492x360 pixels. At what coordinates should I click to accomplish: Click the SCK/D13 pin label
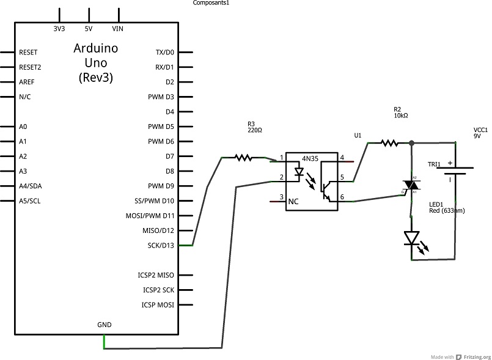click(x=161, y=246)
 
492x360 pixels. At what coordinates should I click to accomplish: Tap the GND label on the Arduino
click(x=105, y=325)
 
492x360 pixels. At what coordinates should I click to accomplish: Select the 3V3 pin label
click(x=59, y=29)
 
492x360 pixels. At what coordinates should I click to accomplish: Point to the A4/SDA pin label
click(x=31, y=186)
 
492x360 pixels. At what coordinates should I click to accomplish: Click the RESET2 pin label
click(x=30, y=67)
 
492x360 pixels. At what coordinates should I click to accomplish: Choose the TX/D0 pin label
click(x=165, y=53)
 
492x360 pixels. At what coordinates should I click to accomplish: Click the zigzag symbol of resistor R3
click(x=243, y=158)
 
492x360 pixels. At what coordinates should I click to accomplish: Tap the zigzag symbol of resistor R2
click(x=390, y=144)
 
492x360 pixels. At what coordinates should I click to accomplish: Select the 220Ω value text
click(x=255, y=130)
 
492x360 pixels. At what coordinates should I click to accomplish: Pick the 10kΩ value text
click(x=401, y=116)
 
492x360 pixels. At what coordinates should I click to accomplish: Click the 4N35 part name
click(x=310, y=158)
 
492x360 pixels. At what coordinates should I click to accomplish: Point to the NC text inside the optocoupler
click(x=293, y=202)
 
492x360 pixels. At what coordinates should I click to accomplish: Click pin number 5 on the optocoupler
click(x=342, y=177)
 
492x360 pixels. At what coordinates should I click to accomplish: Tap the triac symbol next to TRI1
click(x=411, y=185)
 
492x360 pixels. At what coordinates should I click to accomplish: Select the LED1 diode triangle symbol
click(x=412, y=238)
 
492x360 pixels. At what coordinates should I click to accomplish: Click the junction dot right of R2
click(x=412, y=143)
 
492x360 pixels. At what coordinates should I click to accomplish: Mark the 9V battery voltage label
click(x=477, y=136)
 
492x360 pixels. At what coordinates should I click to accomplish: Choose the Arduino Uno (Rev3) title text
click(x=96, y=63)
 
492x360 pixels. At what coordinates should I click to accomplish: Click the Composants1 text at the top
click(x=211, y=3)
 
